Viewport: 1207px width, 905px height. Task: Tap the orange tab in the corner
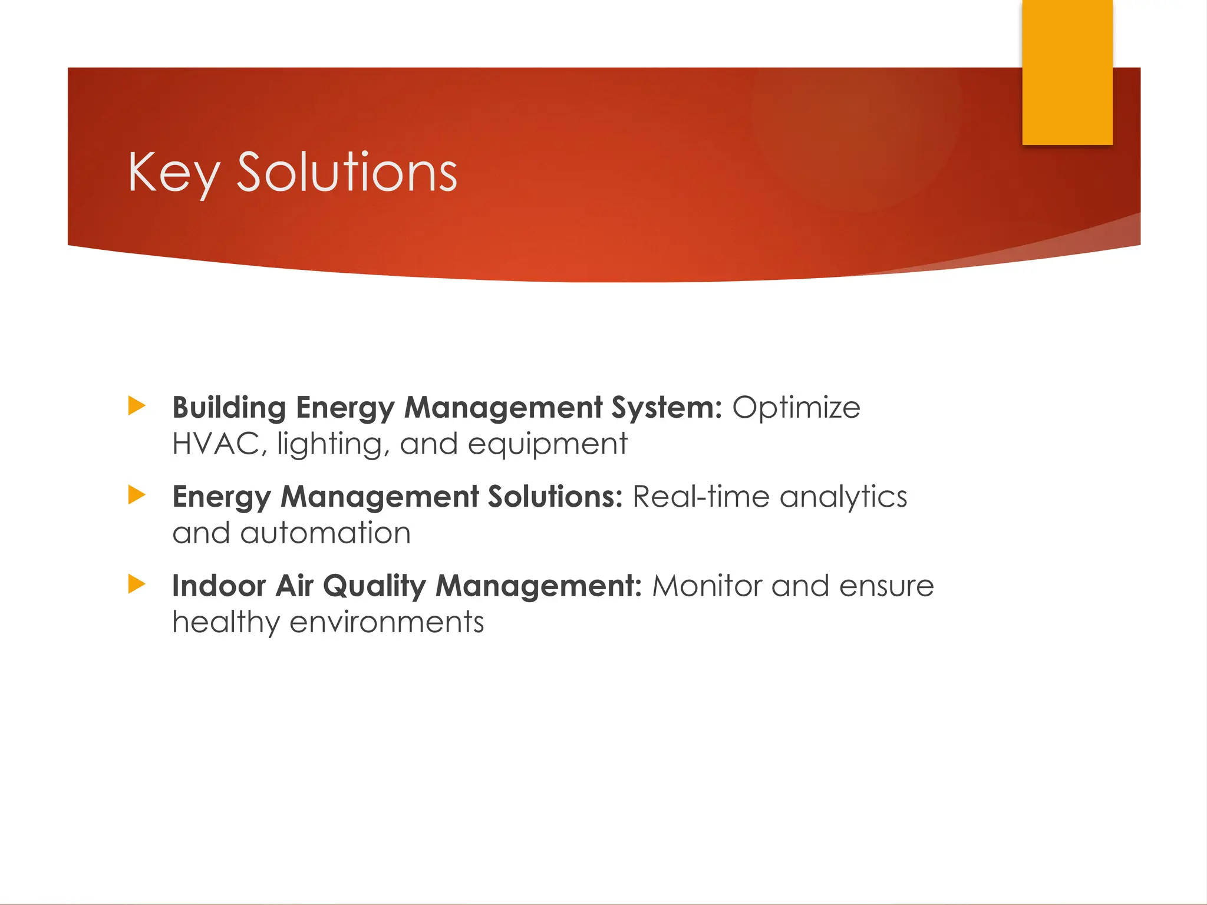tap(1067, 72)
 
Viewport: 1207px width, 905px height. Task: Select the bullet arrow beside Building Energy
tap(137, 406)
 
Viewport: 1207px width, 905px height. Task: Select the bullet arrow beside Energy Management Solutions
tap(137, 495)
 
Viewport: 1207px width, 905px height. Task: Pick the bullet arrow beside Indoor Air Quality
tap(137, 584)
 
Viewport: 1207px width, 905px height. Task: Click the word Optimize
tap(796, 408)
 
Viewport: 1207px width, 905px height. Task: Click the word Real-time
tap(701, 497)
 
